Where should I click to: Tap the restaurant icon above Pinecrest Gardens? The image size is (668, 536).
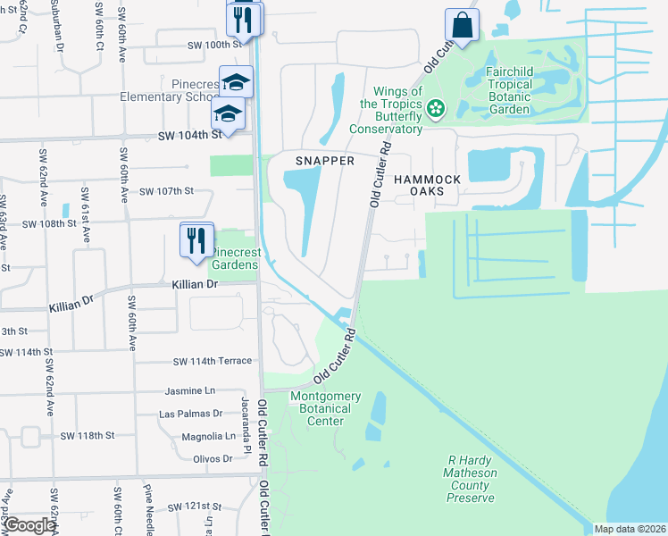(196, 240)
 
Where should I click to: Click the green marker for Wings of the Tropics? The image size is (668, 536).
(436, 109)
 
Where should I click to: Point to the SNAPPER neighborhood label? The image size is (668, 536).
(325, 161)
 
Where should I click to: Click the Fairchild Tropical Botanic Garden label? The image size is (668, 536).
(522, 90)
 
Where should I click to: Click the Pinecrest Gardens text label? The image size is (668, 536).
(235, 258)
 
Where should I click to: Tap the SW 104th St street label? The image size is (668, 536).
(189, 135)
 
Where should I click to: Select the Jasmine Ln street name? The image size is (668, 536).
(190, 391)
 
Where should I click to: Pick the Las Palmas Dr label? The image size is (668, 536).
(190, 414)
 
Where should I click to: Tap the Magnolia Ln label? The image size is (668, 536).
(205, 436)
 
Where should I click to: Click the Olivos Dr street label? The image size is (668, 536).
(213, 458)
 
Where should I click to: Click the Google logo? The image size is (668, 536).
(29, 525)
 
